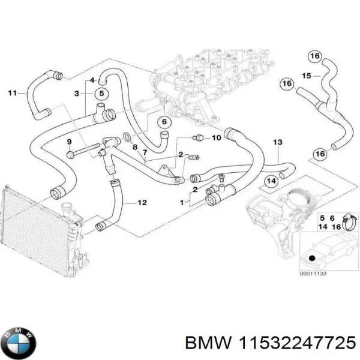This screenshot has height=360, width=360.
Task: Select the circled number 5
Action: [101, 94]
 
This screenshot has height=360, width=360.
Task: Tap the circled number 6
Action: [163, 122]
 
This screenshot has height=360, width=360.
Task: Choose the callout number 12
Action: [142, 202]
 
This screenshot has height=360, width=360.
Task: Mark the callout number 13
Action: [277, 142]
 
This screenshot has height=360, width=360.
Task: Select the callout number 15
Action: [305, 76]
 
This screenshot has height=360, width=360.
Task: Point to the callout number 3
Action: [77, 94]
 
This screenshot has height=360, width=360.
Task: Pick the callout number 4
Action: [92, 80]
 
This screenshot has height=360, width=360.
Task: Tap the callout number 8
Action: [135, 147]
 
